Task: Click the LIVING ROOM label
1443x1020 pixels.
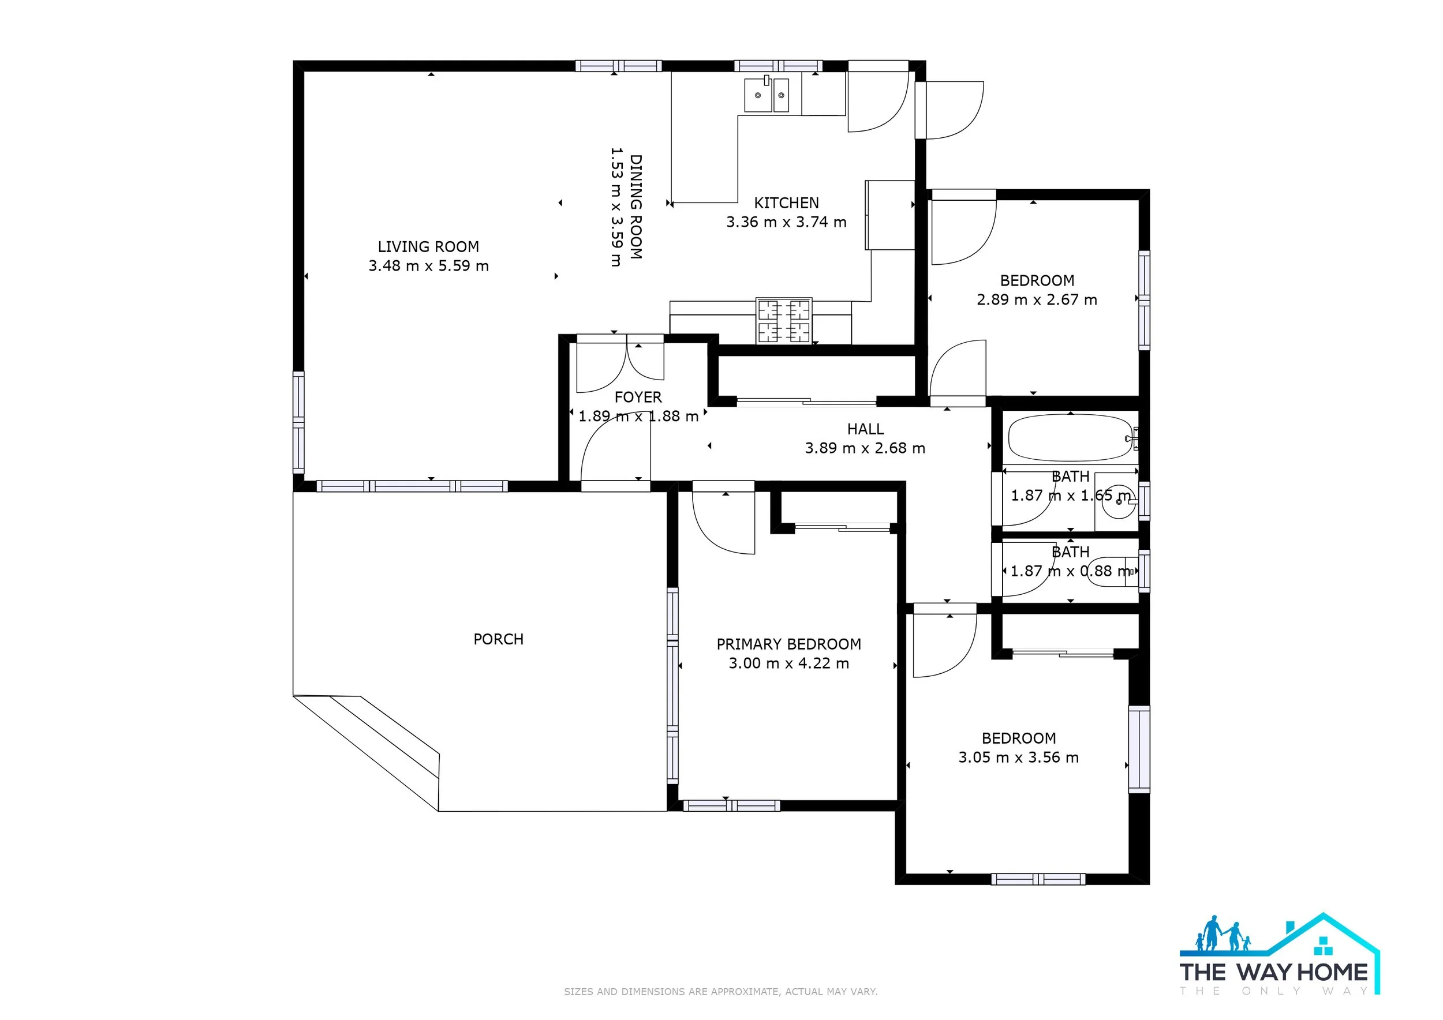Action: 428,247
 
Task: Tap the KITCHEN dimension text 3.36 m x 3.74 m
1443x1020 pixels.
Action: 786,222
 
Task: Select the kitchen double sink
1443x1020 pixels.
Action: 767,95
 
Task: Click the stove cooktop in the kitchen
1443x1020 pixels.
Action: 784,320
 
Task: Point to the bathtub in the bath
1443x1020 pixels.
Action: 1071,438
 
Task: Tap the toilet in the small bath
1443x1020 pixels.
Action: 1111,571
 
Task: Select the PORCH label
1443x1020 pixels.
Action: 498,639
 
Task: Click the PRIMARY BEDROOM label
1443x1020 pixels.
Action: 789,644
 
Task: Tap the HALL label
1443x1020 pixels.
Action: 865,429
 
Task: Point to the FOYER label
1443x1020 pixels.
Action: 638,397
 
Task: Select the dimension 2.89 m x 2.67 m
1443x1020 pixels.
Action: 1037,299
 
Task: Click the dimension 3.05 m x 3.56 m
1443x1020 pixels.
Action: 1018,757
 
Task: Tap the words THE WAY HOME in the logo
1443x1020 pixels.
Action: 1274,972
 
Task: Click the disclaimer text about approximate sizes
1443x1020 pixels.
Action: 721,992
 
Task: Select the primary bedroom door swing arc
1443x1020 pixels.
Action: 716,539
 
